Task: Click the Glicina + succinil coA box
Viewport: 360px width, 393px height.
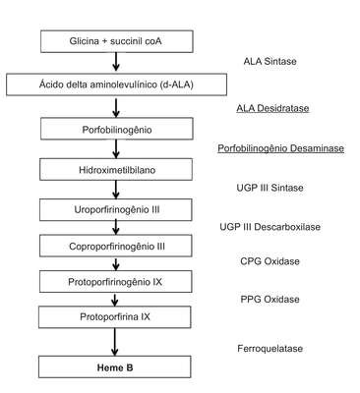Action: coord(117,41)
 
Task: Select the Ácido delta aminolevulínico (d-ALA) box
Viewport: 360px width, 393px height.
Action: coord(116,84)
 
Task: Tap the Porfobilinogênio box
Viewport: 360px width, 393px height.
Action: coord(117,129)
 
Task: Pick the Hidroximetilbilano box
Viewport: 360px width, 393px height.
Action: coord(116,169)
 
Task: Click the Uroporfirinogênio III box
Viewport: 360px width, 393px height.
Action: coord(116,209)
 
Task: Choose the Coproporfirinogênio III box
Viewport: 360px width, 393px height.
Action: coord(116,246)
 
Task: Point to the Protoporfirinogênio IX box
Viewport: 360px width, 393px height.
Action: coord(116,281)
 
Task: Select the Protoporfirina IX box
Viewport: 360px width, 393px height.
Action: coord(115,317)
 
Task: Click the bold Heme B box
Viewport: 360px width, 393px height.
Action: coord(115,366)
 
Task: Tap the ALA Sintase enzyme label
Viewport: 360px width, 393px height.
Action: coord(270,61)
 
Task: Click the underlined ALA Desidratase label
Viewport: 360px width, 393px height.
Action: coord(272,108)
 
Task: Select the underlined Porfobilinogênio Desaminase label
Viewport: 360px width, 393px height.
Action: coord(281,148)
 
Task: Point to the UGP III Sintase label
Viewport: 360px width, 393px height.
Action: coord(270,188)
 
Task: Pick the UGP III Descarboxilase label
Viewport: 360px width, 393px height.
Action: coord(270,227)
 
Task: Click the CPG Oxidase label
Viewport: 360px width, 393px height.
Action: coord(270,261)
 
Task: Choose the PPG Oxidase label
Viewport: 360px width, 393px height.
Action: coord(270,299)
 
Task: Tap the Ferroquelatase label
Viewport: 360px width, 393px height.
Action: coord(270,348)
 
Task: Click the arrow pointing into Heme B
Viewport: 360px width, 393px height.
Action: coord(114,342)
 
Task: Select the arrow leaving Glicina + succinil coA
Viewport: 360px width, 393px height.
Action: coord(116,62)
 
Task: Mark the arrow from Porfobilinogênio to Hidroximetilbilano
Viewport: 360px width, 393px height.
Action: coord(116,149)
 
